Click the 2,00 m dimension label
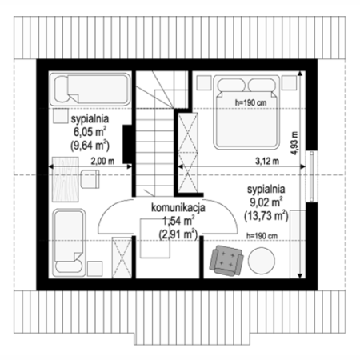(102, 161)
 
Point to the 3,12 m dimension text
(267, 161)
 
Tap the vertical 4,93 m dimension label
(294, 143)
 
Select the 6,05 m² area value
(90, 132)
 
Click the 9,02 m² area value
(266, 202)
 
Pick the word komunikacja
(178, 208)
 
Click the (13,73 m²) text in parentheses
(266, 216)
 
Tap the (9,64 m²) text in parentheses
(90, 146)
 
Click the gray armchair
(226, 261)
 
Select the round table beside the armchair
(262, 261)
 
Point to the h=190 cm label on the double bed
(250, 102)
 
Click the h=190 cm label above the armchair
(262, 236)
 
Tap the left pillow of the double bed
(231, 85)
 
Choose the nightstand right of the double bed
(290, 82)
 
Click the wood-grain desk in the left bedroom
(66, 179)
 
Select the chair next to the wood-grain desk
(90, 179)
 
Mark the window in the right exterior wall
(311, 176)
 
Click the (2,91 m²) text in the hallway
(178, 234)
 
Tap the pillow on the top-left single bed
(62, 89)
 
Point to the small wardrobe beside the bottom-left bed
(122, 258)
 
